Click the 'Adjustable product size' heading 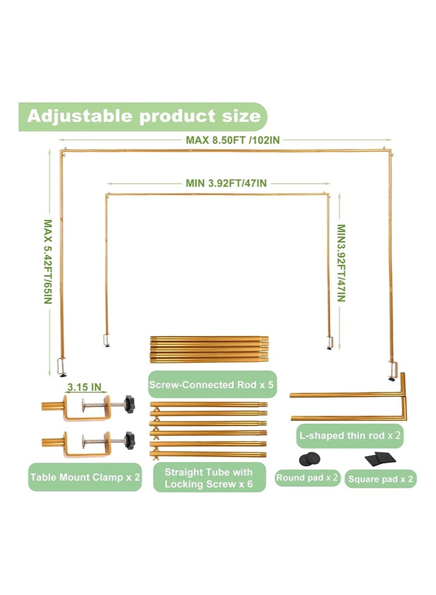[x=144, y=116]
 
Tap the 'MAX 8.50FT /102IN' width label [x=233, y=140]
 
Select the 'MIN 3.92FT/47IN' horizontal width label [x=226, y=183]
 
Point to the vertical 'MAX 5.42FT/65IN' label [x=47, y=262]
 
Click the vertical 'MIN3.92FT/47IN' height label [x=341, y=263]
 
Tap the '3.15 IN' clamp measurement [x=84, y=387]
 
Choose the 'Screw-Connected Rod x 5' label [x=211, y=384]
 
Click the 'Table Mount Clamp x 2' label [x=85, y=477]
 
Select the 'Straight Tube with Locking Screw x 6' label [x=209, y=478]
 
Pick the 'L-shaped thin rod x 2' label [x=349, y=435]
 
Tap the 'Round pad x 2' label [x=307, y=477]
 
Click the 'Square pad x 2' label [x=380, y=479]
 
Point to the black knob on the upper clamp [x=129, y=404]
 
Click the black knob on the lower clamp [x=129, y=440]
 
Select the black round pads [x=309, y=459]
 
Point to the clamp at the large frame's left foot [x=62, y=367]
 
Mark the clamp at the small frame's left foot [x=106, y=340]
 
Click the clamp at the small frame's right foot [x=329, y=342]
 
